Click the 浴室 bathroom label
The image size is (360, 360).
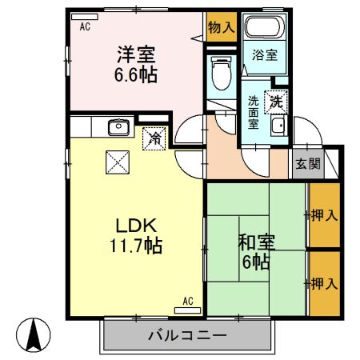click(x=265, y=55)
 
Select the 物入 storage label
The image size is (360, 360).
click(x=221, y=27)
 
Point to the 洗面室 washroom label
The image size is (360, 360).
click(x=254, y=112)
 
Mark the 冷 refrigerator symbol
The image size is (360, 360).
click(x=155, y=139)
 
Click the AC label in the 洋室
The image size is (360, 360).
click(x=84, y=26)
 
